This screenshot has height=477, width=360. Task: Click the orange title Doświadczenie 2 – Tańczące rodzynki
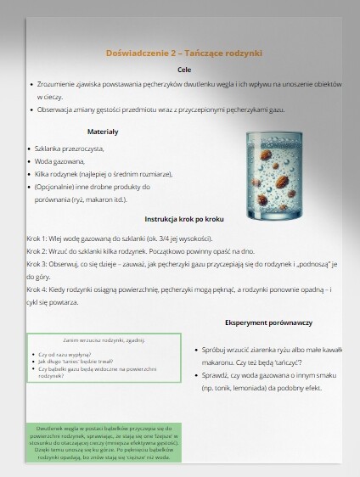[179, 53]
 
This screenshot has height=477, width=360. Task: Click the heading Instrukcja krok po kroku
[184, 218]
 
